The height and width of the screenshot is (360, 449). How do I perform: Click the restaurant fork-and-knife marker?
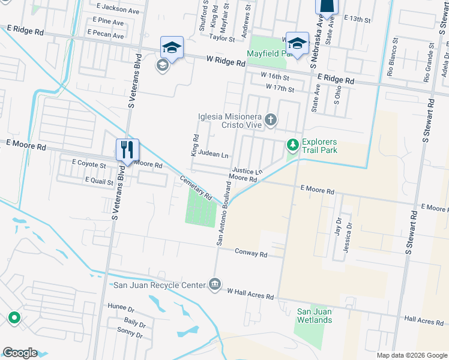[127, 150]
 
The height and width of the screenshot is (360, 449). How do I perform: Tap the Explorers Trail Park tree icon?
[292, 145]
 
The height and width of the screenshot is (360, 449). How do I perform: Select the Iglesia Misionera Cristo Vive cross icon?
[271, 120]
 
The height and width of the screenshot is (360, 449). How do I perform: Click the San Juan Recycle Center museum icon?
[215, 285]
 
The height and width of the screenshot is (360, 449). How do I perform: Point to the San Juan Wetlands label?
[315, 316]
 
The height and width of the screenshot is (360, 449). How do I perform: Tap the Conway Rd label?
[251, 254]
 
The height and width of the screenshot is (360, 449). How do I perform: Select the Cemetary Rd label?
[196, 187]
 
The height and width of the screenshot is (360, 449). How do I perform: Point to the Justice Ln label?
[247, 172]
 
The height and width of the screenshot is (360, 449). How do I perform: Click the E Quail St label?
[99, 180]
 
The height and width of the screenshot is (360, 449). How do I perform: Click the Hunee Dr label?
[121, 307]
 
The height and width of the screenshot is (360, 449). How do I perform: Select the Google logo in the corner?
[20, 353]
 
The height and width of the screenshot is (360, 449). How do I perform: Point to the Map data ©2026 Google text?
[411, 355]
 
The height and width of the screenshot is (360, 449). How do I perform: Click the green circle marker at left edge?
[13, 317]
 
